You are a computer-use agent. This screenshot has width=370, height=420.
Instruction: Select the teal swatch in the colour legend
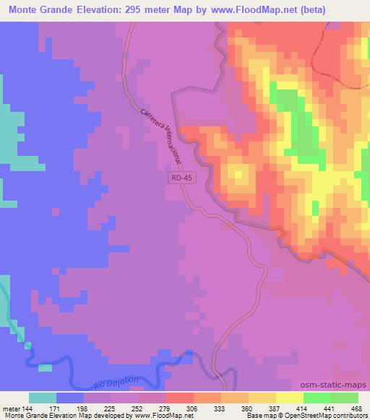pos(43,398)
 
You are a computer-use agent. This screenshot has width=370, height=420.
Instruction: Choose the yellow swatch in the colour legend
pos(289,398)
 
